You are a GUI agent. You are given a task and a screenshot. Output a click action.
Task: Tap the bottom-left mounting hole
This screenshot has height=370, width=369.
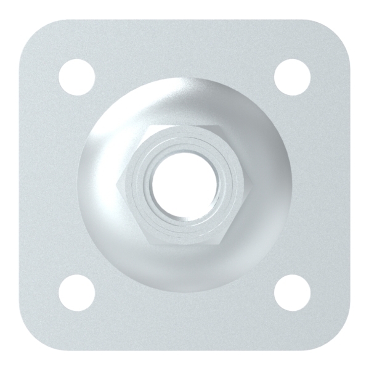pos(78,292)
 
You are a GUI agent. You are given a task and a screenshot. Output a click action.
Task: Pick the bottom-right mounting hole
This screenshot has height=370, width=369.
pos(292,292)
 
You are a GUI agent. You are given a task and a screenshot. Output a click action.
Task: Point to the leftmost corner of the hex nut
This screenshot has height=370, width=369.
pos(116,183)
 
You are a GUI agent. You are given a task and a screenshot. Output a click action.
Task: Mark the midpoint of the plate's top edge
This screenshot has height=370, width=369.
pos(185,20)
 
